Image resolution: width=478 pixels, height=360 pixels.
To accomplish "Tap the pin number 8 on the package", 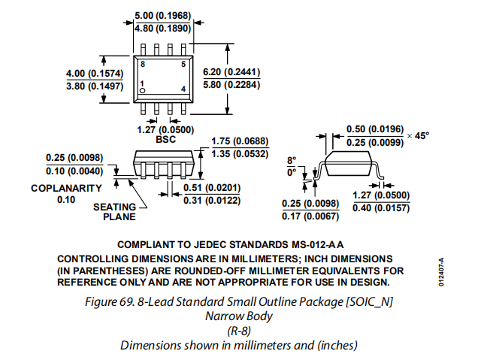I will point(141,65).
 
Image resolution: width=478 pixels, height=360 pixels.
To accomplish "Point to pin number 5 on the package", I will point(183,65).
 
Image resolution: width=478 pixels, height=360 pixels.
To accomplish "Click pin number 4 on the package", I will point(183,89).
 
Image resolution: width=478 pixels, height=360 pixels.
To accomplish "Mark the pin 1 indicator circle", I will point(142,90).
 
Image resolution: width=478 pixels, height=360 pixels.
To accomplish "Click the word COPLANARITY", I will point(66,188).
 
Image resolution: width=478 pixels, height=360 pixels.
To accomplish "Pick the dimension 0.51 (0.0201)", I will point(203,187).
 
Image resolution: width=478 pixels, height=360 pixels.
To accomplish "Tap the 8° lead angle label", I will point(292,160).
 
